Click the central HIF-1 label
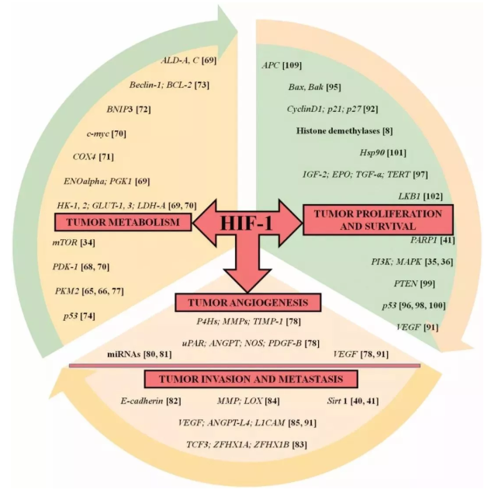pyautogui.click(x=247, y=223)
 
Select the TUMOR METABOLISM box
pyautogui.click(x=123, y=224)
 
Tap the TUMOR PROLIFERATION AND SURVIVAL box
pyautogui.click(x=373, y=220)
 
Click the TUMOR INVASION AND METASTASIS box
pyautogui.click(x=251, y=379)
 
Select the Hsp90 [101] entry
pyautogui.click(x=383, y=152)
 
